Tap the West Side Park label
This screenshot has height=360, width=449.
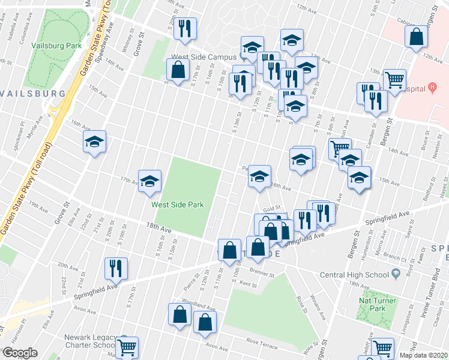pos(178,205)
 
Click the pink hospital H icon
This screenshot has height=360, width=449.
pos(432,88)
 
